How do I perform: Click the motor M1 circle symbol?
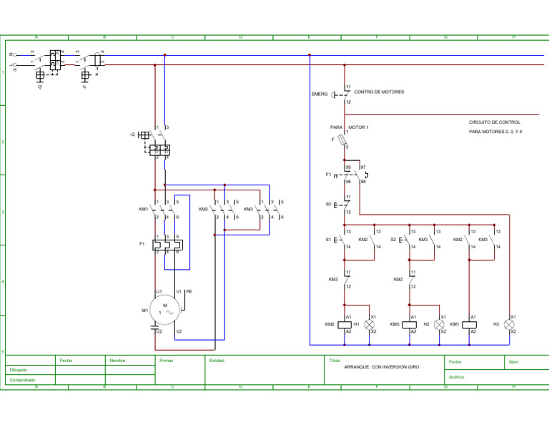pyautogui.click(x=165, y=309)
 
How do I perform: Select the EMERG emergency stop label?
pyautogui.click(x=320, y=94)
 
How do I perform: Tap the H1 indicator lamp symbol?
pyautogui.click(x=370, y=324)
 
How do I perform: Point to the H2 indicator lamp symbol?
pyautogui.click(x=440, y=324)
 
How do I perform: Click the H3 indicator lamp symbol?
pyautogui.click(x=509, y=324)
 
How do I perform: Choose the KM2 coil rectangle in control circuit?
pyautogui.click(x=347, y=324)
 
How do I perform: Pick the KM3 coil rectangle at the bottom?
pyautogui.click(x=410, y=324)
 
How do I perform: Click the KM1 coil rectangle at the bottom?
pyautogui.click(x=469, y=324)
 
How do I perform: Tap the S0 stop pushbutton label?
pyautogui.click(x=328, y=204)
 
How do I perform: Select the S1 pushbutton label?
pyautogui.click(x=328, y=240)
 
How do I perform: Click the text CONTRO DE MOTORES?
pyautogui.click(x=379, y=92)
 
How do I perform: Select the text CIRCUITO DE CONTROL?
pyautogui.click(x=495, y=122)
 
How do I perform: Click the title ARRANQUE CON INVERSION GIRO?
pyautogui.click(x=381, y=366)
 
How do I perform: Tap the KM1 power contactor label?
pyautogui.click(x=144, y=210)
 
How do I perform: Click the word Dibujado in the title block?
pyautogui.click(x=19, y=370)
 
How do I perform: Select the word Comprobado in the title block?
pyautogui.click(x=23, y=381)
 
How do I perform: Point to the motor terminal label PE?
pyautogui.click(x=189, y=292)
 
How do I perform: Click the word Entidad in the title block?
pyautogui.click(x=217, y=361)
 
